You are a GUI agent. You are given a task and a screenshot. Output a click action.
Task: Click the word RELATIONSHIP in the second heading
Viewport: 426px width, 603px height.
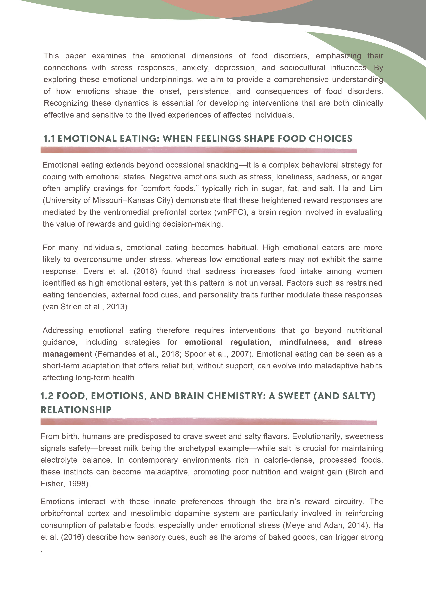76,410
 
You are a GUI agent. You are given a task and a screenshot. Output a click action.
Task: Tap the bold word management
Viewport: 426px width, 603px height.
67,354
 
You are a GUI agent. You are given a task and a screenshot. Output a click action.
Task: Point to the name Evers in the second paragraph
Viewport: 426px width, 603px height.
93,271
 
